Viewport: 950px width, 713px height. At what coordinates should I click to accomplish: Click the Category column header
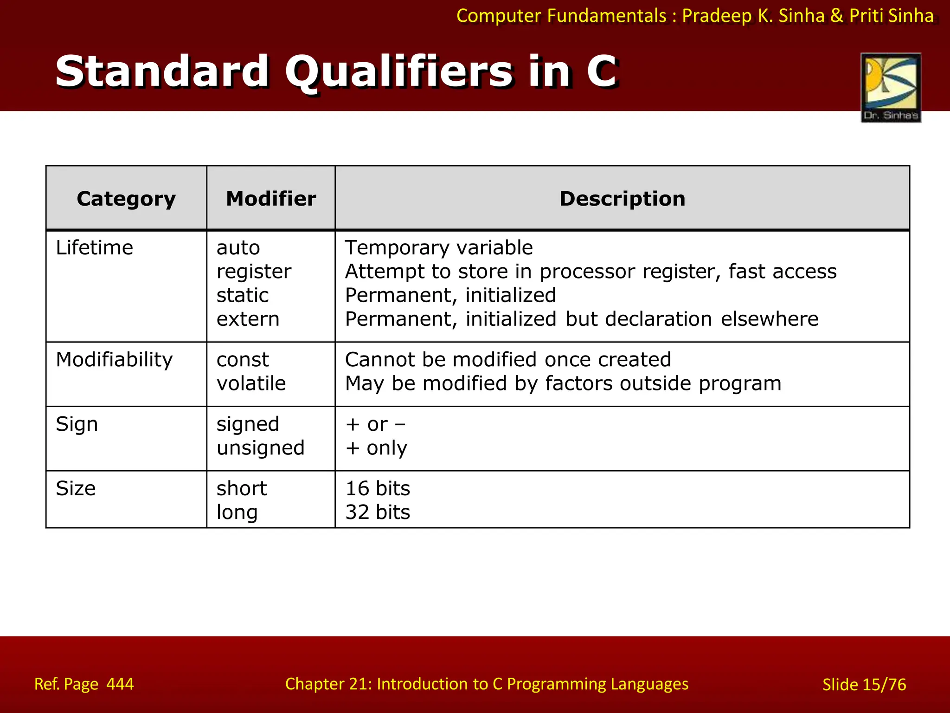tap(126, 199)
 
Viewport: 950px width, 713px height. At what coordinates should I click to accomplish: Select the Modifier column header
tap(271, 199)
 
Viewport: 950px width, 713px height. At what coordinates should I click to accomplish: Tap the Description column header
tap(622, 199)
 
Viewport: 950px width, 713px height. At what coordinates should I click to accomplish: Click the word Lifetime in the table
tap(94, 248)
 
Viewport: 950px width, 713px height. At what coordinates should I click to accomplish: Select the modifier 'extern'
tap(248, 319)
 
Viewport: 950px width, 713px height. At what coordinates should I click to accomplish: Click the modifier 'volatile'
tap(251, 384)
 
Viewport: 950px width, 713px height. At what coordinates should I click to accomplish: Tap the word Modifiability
tap(114, 360)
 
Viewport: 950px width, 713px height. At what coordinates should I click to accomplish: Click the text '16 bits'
tap(378, 489)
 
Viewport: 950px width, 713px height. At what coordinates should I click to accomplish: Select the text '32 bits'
tap(378, 512)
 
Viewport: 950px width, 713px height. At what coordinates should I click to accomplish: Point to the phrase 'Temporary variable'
tap(439, 248)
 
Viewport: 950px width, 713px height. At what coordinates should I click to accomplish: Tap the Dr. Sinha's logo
tap(891, 88)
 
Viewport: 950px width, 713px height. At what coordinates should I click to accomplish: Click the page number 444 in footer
tap(120, 684)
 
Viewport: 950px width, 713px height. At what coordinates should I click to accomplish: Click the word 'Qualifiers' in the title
tap(399, 72)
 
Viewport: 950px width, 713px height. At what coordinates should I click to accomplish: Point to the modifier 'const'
tap(243, 360)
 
